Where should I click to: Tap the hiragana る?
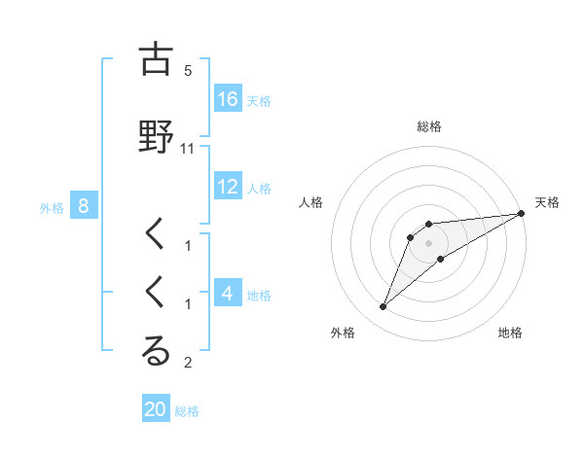[x=156, y=351]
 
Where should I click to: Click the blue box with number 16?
[x=228, y=98]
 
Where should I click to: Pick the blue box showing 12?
[x=228, y=187]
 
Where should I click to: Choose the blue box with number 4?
[x=228, y=293]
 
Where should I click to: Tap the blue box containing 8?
[x=84, y=205]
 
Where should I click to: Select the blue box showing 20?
[x=156, y=409]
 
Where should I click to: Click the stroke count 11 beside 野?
[x=188, y=148]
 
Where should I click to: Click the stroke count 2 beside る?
[x=188, y=363]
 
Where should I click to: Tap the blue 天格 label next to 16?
[x=259, y=99]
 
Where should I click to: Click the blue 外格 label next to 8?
[x=52, y=206]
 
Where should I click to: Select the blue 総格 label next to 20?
[x=187, y=410]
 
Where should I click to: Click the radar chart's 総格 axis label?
[x=429, y=126]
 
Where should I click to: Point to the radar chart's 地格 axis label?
[x=510, y=333]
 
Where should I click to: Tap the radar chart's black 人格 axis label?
[x=310, y=202]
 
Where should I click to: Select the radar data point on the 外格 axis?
[x=383, y=307]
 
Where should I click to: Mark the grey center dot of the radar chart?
[x=429, y=243]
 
